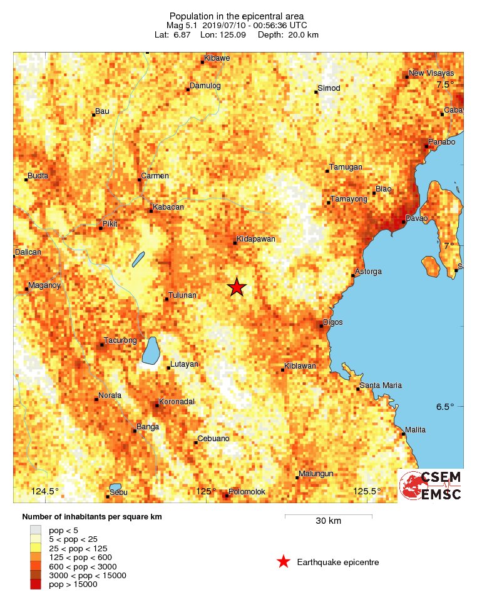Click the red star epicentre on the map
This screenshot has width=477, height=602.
236,287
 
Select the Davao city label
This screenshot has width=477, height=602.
416,218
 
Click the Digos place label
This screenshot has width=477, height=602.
332,322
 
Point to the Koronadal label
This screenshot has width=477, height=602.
177,401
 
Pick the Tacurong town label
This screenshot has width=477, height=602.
120,340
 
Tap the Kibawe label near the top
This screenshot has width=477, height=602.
217,59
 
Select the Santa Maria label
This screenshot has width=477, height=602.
381,385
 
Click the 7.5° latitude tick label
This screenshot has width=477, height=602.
445,84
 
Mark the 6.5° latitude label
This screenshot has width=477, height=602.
445,407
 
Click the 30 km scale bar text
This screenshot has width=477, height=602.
328,521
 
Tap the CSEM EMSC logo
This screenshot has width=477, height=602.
431,486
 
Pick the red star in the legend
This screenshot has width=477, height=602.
284,562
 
